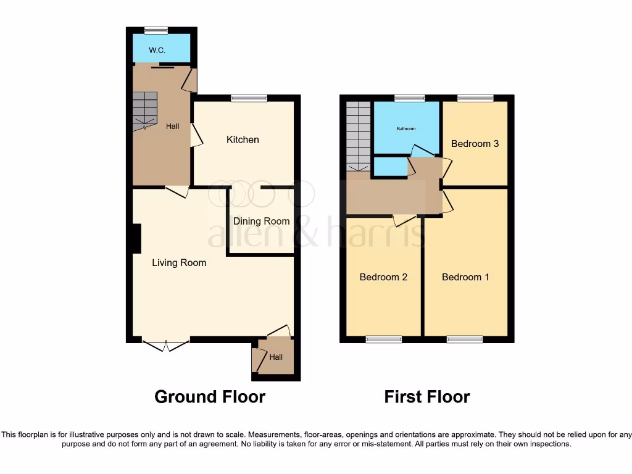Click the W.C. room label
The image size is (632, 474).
click(157, 50)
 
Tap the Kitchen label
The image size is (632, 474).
click(243, 139)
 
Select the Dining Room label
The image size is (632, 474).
click(261, 221)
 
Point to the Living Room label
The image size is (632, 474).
click(179, 262)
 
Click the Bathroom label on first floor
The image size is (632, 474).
click(405, 129)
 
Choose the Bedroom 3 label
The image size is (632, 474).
click(475, 144)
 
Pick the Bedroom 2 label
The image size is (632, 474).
click(383, 277)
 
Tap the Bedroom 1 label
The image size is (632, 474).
click(465, 277)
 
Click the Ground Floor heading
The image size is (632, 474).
click(210, 396)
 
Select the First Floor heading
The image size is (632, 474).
click(427, 396)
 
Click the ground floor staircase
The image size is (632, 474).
click(145, 110)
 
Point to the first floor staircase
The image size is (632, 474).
click(358, 136)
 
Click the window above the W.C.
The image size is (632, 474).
click(156, 30)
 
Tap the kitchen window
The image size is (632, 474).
click(249, 98)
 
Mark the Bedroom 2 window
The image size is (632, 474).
click(383, 339)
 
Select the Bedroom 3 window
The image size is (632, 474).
click(475, 98)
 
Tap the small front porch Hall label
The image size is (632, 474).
click(275, 357)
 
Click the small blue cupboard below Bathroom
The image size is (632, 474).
click(389, 167)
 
